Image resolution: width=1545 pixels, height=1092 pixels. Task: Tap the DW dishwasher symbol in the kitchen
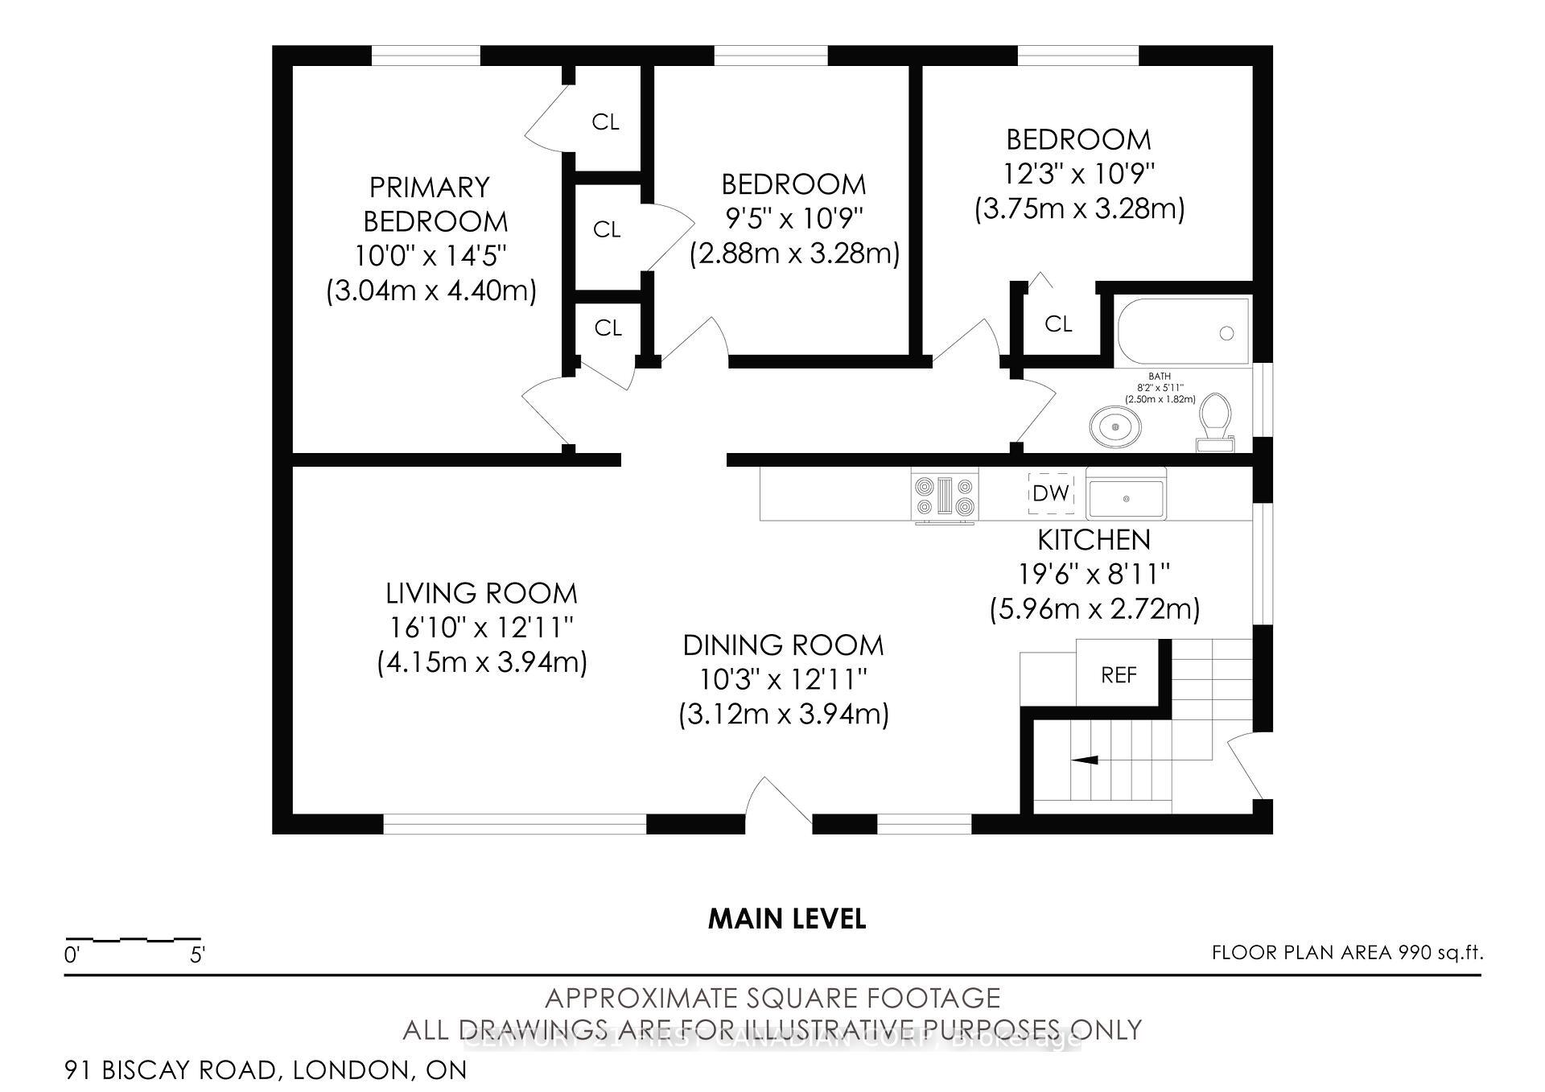tap(1050, 493)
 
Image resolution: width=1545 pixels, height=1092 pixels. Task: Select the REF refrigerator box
tap(1118, 674)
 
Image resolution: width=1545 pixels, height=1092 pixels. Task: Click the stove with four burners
tap(945, 496)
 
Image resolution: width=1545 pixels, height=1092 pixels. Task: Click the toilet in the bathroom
tap(1214, 420)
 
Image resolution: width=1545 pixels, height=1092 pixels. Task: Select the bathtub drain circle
tap(1226, 333)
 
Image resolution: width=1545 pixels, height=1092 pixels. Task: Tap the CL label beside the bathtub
tap(1058, 323)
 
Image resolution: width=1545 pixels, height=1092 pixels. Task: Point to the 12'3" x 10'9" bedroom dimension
tap(1078, 174)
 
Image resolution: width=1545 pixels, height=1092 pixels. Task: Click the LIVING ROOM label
tap(481, 593)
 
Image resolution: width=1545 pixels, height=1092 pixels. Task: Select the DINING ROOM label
tap(783, 645)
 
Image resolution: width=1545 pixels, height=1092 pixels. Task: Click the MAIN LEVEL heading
tap(786, 919)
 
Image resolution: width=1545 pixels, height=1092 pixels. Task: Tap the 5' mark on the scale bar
tap(197, 955)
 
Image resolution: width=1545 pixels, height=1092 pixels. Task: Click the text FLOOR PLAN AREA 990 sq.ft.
tap(1347, 953)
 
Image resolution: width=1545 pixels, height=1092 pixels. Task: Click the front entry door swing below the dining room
tap(777, 801)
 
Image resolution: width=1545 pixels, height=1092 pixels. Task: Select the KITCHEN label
tap(1094, 539)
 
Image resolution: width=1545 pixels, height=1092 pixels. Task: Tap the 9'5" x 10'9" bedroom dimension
tap(793, 219)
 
